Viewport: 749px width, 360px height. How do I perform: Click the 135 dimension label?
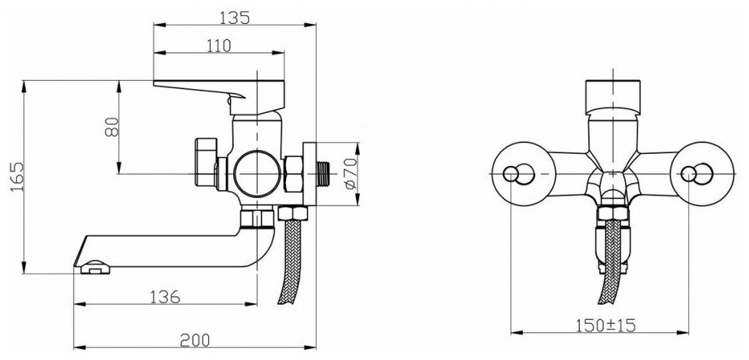(x=234, y=17)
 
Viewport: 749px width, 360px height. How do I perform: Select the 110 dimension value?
(x=218, y=45)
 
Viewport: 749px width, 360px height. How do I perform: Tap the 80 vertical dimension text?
(x=112, y=127)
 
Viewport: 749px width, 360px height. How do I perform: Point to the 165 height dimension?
(x=16, y=177)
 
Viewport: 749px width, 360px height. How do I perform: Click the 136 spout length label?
(x=165, y=297)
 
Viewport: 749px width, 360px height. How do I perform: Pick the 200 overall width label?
(x=195, y=340)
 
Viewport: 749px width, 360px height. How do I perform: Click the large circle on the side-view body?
(x=257, y=173)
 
